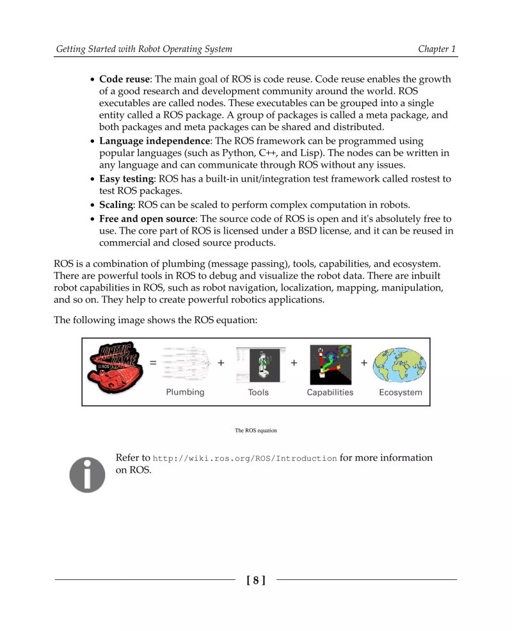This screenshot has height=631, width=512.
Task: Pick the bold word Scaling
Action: (115, 205)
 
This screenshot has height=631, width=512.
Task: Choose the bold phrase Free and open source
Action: (147, 218)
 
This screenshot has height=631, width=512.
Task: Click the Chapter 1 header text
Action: (437, 49)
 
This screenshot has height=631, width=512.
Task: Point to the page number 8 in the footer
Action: (256, 580)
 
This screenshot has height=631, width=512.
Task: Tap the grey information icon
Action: (87, 474)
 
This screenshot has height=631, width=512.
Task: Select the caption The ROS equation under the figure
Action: (256, 431)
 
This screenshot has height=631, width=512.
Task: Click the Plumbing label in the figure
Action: (186, 392)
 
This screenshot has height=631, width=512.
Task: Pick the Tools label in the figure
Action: (259, 392)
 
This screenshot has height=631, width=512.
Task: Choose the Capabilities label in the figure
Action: (330, 392)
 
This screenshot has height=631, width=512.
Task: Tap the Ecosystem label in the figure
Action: (400, 392)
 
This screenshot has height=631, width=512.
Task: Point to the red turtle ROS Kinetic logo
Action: (115, 368)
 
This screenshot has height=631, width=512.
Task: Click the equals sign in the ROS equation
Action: (153, 363)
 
